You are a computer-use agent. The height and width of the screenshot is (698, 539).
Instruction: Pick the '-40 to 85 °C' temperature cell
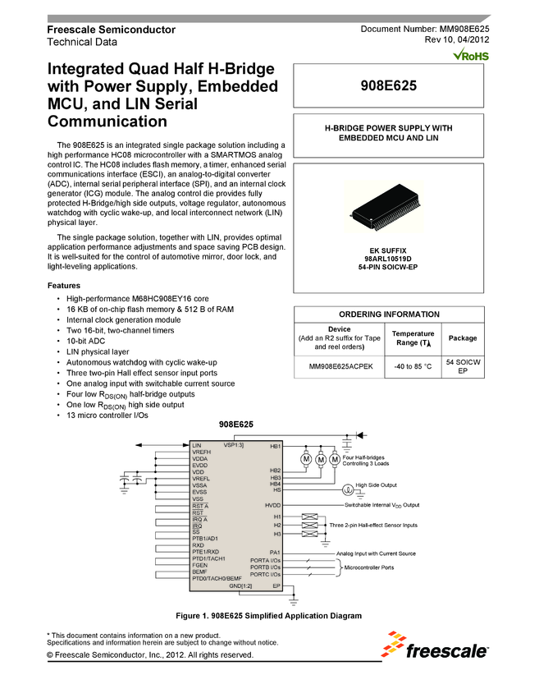click(413, 366)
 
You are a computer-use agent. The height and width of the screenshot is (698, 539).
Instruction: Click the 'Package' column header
click(463, 338)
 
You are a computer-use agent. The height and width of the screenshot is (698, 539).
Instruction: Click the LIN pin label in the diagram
click(197, 446)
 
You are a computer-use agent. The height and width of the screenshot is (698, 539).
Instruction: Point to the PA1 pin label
click(275, 552)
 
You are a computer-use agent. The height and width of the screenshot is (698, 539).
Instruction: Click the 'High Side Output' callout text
click(375, 485)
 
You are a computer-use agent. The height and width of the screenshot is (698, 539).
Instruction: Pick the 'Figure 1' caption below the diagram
click(269, 616)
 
